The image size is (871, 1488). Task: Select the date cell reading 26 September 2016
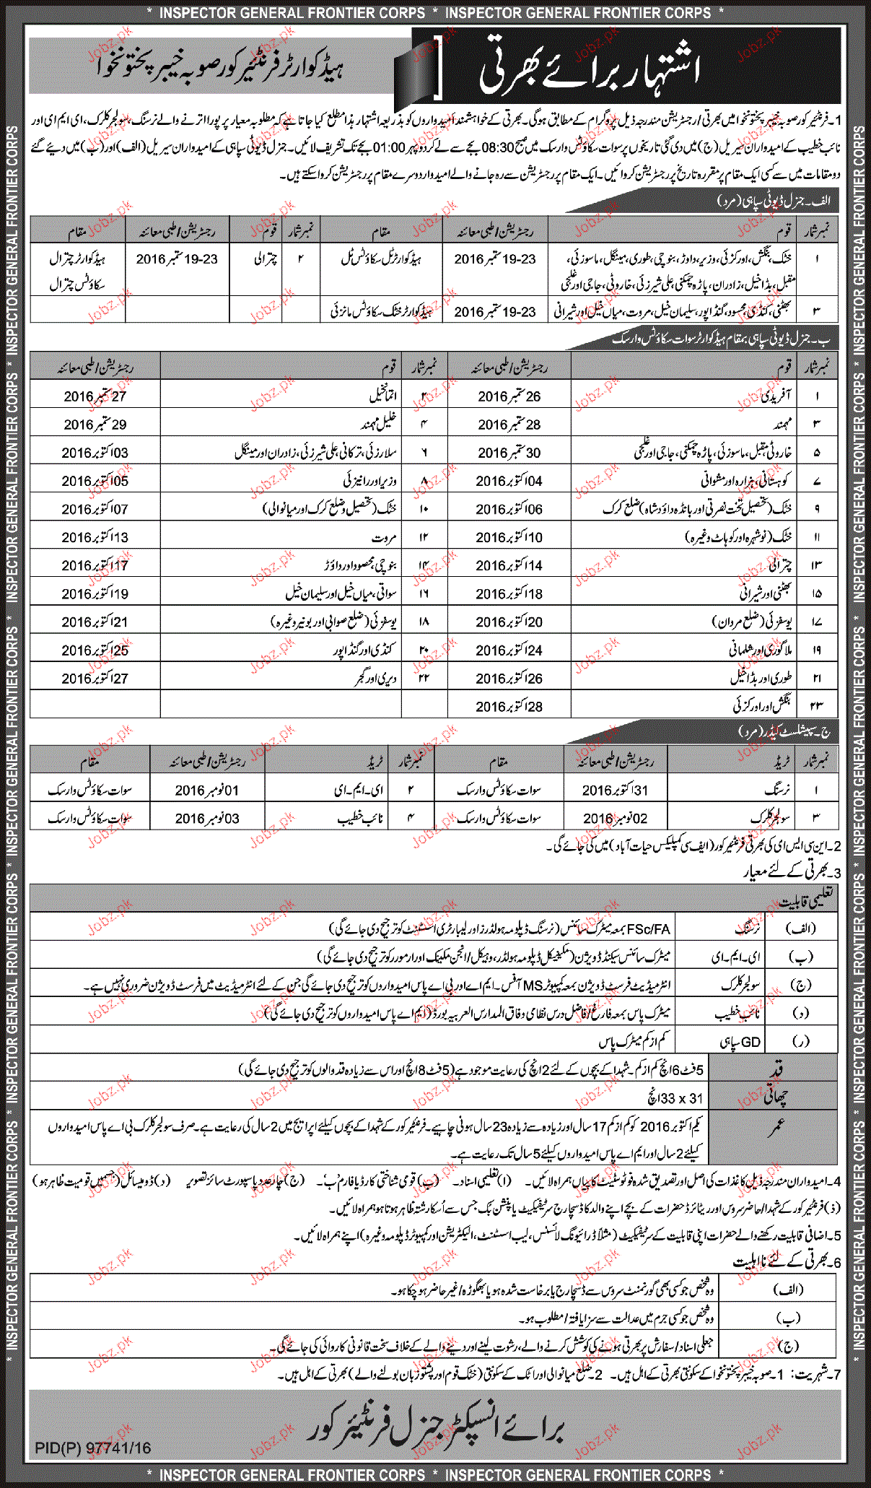point(509,396)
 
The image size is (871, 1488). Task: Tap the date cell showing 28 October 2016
point(509,706)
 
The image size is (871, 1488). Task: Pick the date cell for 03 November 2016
point(207,819)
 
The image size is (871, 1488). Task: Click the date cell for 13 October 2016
point(95,537)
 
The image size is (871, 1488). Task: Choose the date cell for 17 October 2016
point(95,565)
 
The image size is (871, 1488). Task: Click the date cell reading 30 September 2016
point(509,453)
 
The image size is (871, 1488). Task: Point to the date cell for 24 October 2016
point(509,650)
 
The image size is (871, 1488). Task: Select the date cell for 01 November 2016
point(207,791)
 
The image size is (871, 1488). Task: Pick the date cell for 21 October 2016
point(95,622)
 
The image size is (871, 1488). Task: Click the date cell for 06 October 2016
point(509,509)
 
